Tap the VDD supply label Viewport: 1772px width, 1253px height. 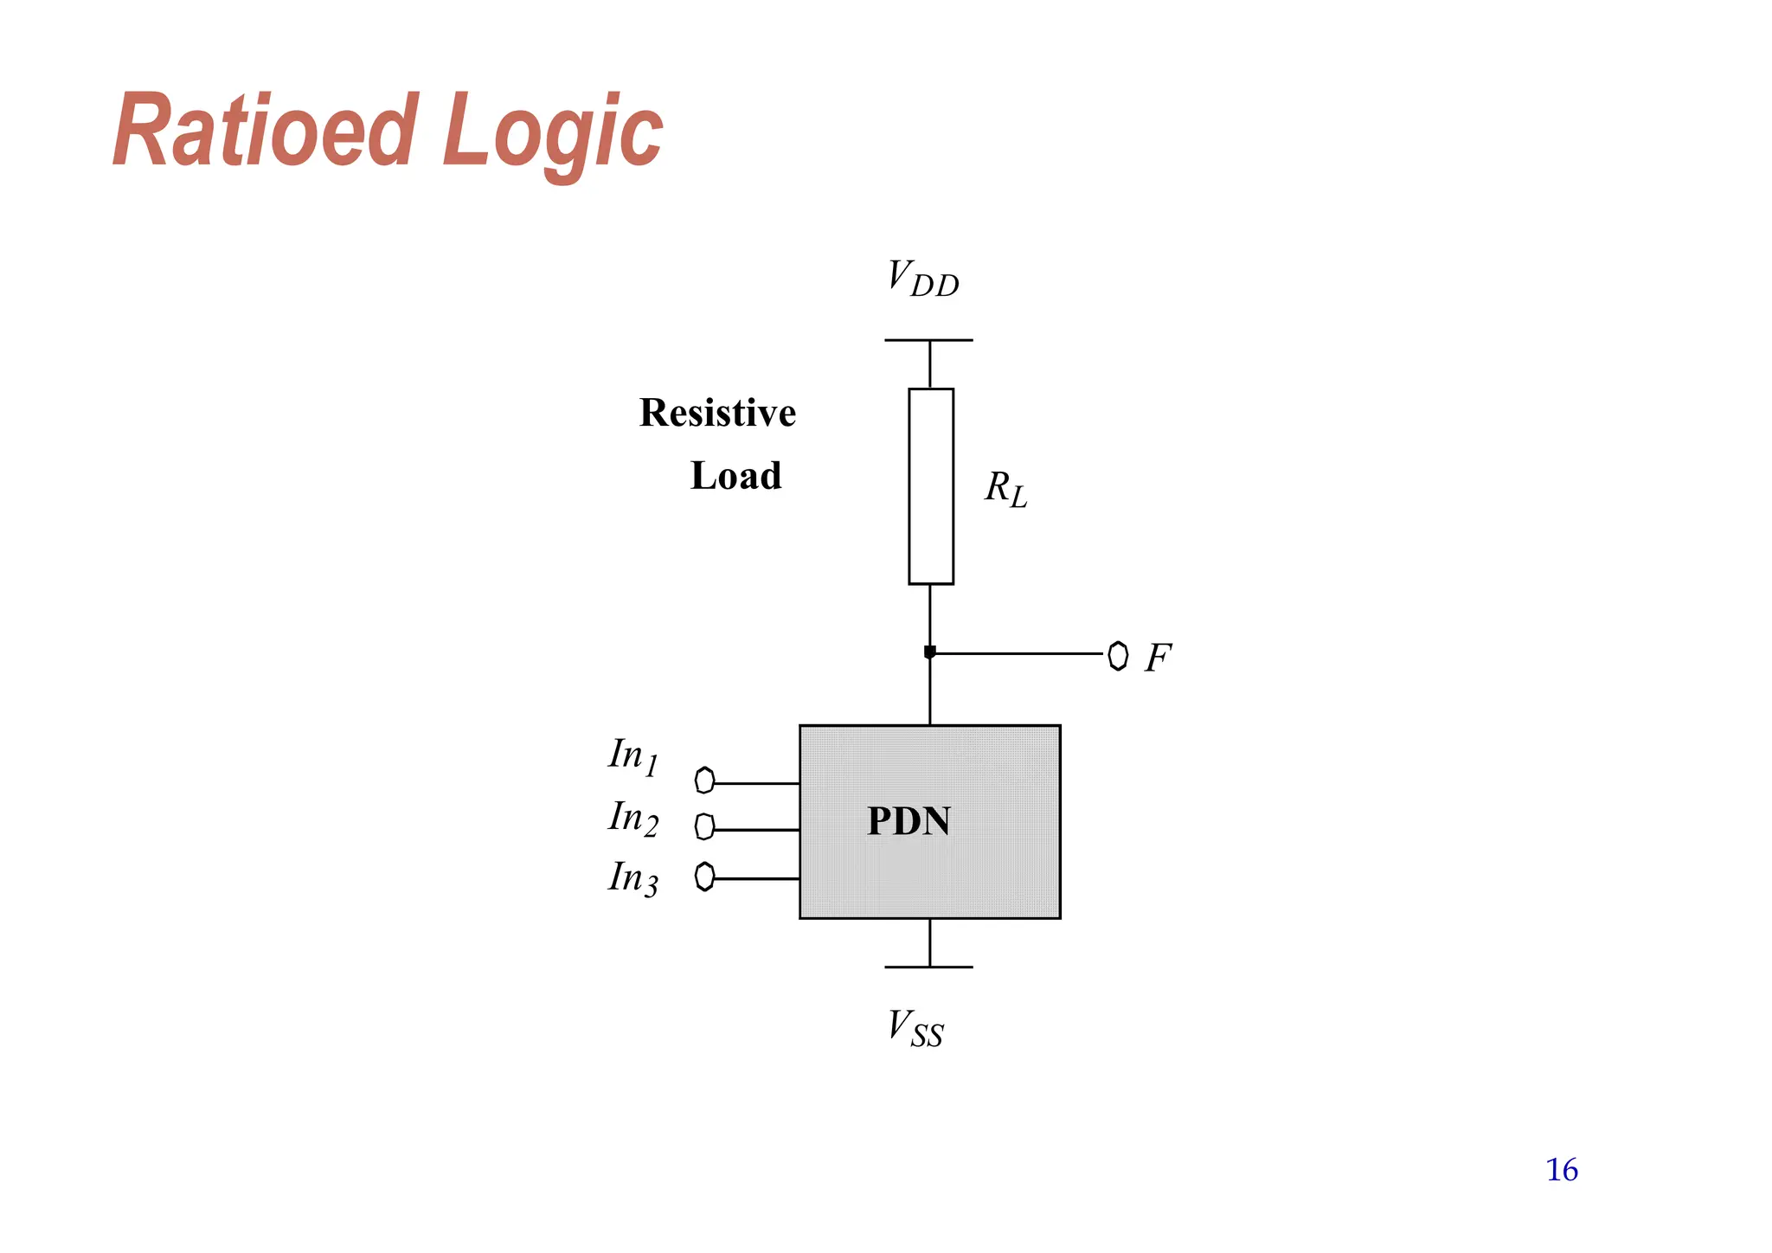tap(922, 279)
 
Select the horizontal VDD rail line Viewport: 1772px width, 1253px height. tap(928, 340)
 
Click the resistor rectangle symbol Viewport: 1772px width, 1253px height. tap(931, 486)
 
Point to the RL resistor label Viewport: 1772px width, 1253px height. tap(1005, 489)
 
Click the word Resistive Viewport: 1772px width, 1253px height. tap(717, 413)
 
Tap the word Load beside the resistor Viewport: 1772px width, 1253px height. tap(735, 476)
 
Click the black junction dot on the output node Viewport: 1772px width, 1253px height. tap(930, 652)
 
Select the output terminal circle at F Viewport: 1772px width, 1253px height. tap(1118, 655)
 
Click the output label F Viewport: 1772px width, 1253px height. tap(1158, 658)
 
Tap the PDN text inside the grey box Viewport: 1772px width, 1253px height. tap(908, 821)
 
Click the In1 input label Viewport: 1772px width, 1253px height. tap(633, 756)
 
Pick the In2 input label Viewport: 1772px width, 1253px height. tap(633, 818)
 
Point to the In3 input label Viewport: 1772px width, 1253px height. tap(633, 878)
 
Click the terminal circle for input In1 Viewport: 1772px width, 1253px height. tap(704, 781)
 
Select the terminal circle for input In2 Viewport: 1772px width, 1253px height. tap(704, 827)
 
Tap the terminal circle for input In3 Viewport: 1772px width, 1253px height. tap(704, 877)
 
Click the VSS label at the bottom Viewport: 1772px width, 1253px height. tap(915, 1029)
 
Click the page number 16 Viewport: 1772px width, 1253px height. tap(1562, 1170)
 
